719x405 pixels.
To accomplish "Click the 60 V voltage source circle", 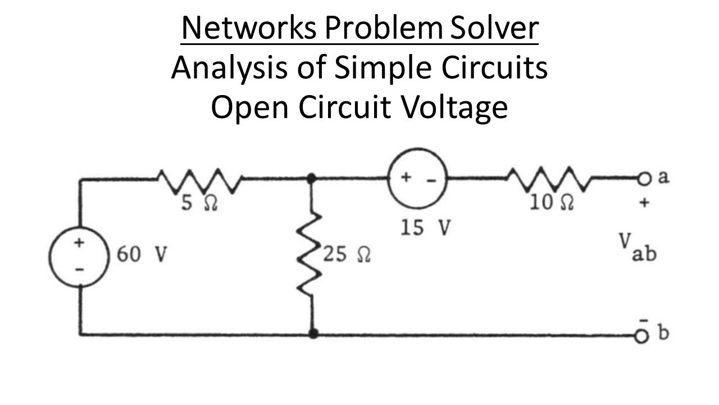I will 80,257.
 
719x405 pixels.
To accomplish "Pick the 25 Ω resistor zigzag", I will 310,255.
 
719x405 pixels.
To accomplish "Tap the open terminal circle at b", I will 642,335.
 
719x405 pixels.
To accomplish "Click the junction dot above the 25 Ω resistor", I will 311,178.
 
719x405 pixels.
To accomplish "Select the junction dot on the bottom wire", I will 313,334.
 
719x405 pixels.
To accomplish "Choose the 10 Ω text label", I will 552,203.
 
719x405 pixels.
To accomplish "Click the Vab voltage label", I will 637,248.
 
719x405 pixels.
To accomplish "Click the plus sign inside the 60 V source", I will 80,242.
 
